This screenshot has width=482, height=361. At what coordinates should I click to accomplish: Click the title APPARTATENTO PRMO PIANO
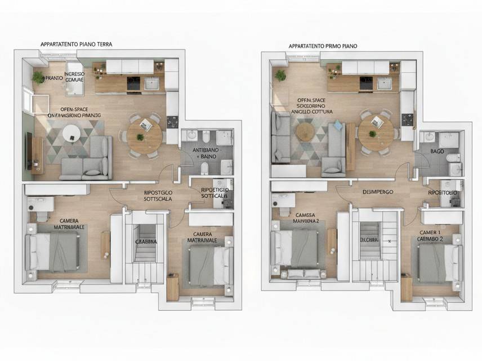point(323,46)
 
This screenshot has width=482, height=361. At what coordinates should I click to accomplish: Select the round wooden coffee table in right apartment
point(305,131)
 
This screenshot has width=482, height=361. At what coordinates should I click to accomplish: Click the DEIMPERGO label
point(377,192)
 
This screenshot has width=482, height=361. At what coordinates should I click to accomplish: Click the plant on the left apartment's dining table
point(141,136)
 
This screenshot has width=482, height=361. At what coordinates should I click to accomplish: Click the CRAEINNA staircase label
point(146,241)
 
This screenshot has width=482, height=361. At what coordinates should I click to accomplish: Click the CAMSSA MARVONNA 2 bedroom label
point(298,218)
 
